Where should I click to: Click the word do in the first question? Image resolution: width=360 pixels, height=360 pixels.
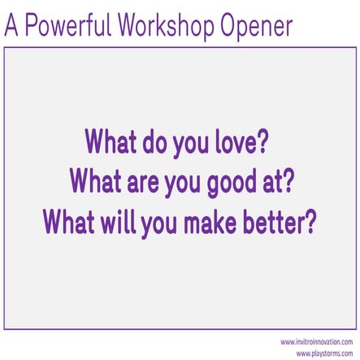coord(154,145)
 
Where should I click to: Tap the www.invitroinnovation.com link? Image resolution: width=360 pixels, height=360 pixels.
coord(316,342)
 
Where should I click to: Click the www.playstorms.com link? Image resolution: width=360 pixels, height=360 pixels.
coord(325,353)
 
